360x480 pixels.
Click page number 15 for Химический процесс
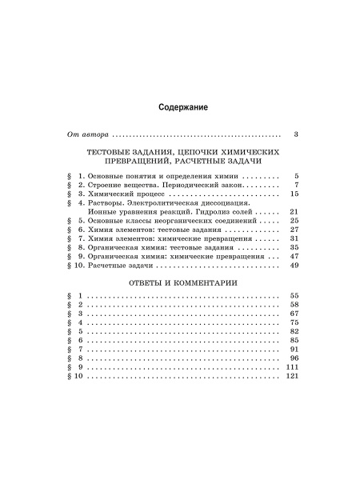click(293, 194)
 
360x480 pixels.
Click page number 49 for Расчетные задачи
click(293, 266)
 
